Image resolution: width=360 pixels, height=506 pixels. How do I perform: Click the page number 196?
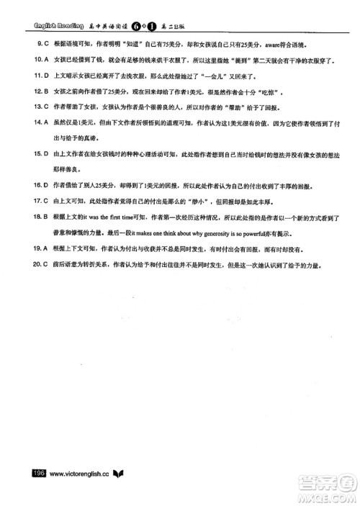coord(36,474)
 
